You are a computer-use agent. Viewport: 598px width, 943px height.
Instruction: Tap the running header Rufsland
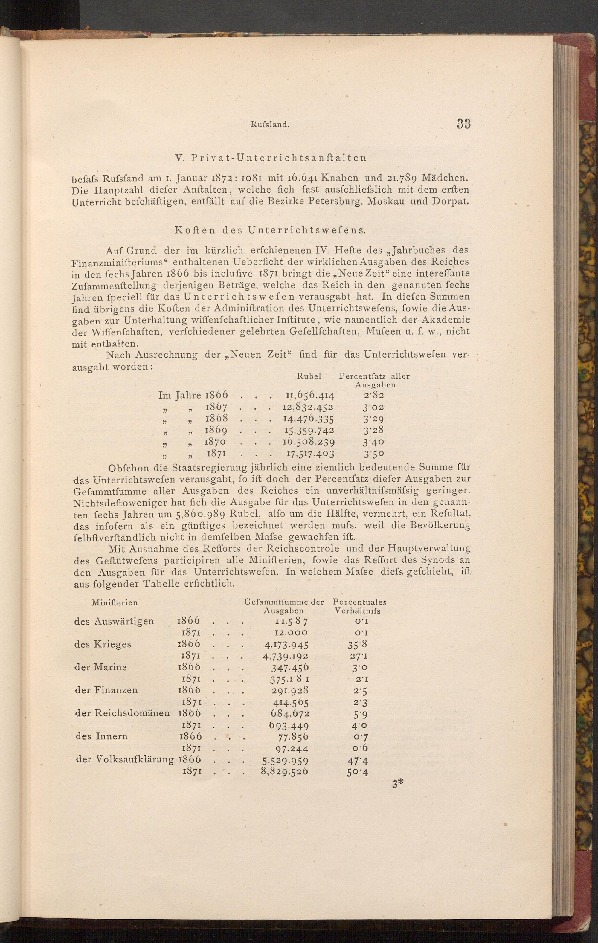[x=269, y=125]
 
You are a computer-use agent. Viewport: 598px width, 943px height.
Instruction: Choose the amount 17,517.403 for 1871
[x=308, y=454]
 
